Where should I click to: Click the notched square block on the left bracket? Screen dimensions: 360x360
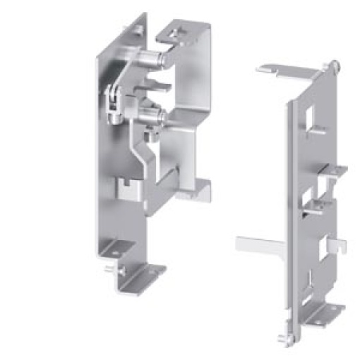128,189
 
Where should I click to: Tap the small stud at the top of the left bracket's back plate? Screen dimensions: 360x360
138,28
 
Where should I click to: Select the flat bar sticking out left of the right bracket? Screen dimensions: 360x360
260,244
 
